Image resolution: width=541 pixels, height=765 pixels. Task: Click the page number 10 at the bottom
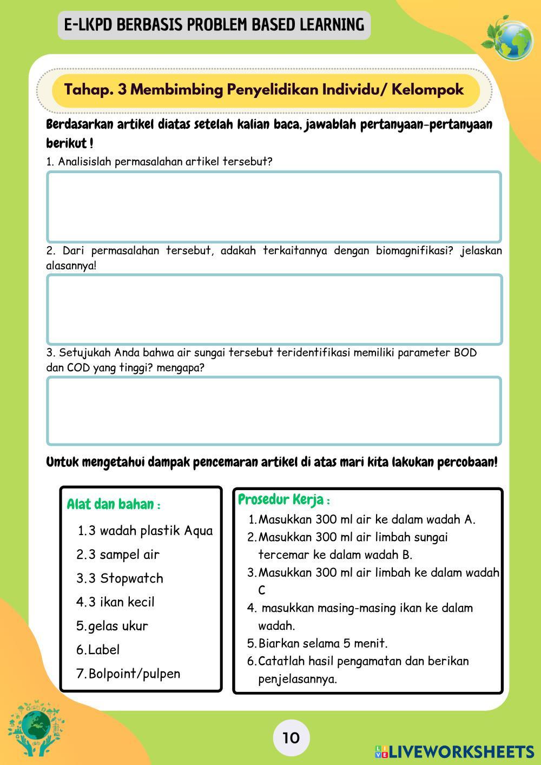(291, 737)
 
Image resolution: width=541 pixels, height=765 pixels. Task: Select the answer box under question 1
(274, 207)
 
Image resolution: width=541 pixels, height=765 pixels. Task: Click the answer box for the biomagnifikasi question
(274, 309)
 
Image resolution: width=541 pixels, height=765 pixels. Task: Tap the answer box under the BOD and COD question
(274, 411)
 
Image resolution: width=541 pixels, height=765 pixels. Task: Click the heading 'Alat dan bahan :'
(114, 504)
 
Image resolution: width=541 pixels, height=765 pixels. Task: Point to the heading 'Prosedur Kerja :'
(284, 499)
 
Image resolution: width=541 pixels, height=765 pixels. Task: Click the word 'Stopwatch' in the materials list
(131, 578)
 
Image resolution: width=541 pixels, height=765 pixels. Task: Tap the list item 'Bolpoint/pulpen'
(134, 674)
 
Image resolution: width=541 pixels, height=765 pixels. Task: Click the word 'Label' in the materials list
(103, 650)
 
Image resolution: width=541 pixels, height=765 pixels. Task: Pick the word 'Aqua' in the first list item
(199, 531)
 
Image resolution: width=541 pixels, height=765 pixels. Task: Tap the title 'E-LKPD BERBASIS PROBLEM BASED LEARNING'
(214, 25)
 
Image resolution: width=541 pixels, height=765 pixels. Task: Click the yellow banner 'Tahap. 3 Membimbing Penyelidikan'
(264, 89)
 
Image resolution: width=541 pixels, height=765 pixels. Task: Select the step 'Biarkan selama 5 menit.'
(322, 643)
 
